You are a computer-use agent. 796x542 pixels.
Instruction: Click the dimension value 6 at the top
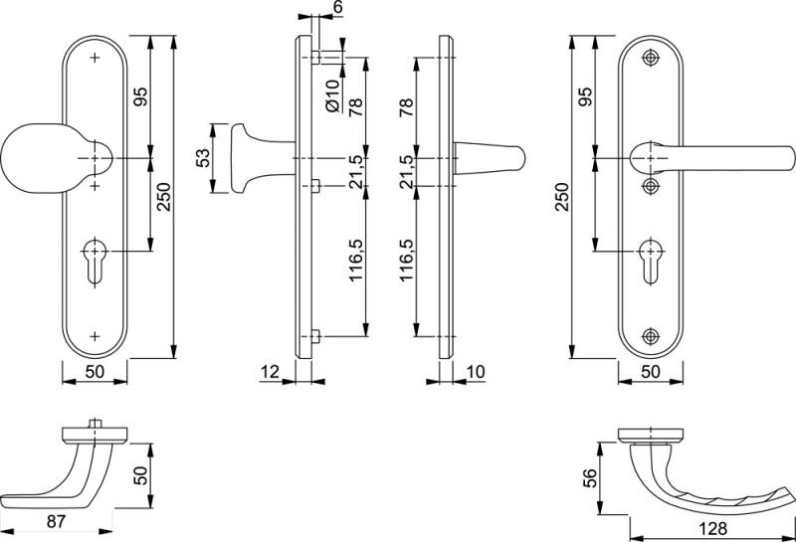pos(338,7)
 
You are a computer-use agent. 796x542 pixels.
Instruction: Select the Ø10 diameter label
pos(332,95)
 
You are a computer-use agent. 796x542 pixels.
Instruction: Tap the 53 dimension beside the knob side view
pos(202,158)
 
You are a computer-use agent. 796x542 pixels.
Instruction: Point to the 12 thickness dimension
pos(270,372)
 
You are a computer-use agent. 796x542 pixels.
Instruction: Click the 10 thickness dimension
pos(476,372)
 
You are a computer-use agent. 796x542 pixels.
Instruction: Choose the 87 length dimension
pos(56,521)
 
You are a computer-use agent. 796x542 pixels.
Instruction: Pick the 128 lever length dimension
pos(712,528)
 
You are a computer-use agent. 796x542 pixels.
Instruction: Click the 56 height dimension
pos(590,477)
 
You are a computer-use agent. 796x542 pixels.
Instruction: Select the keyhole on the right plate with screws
pos(651,261)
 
